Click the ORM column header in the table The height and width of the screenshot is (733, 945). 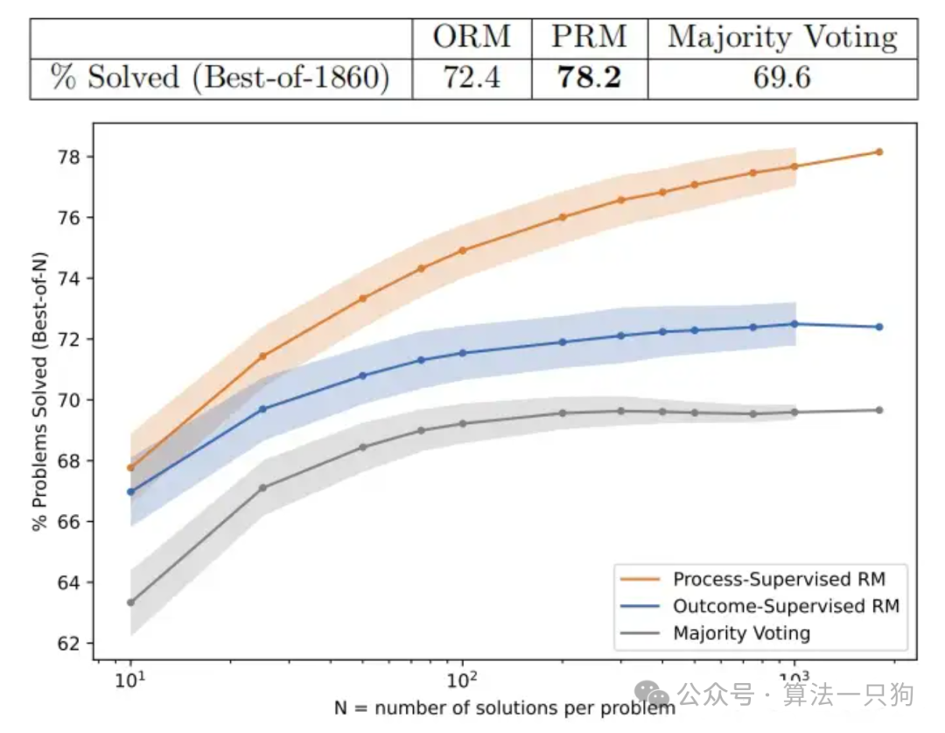(x=472, y=37)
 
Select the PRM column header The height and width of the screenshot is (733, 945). (x=589, y=37)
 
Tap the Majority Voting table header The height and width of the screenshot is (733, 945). (x=781, y=37)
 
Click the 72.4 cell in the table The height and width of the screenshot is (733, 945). (x=472, y=78)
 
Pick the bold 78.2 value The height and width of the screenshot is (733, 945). (x=589, y=78)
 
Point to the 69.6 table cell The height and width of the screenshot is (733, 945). (x=781, y=78)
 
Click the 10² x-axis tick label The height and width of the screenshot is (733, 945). (x=462, y=679)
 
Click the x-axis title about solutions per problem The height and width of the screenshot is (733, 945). (x=503, y=706)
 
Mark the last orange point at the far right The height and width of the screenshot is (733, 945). (x=878, y=152)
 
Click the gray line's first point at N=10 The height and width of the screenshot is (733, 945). (x=130, y=603)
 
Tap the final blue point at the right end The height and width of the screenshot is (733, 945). (x=878, y=327)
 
